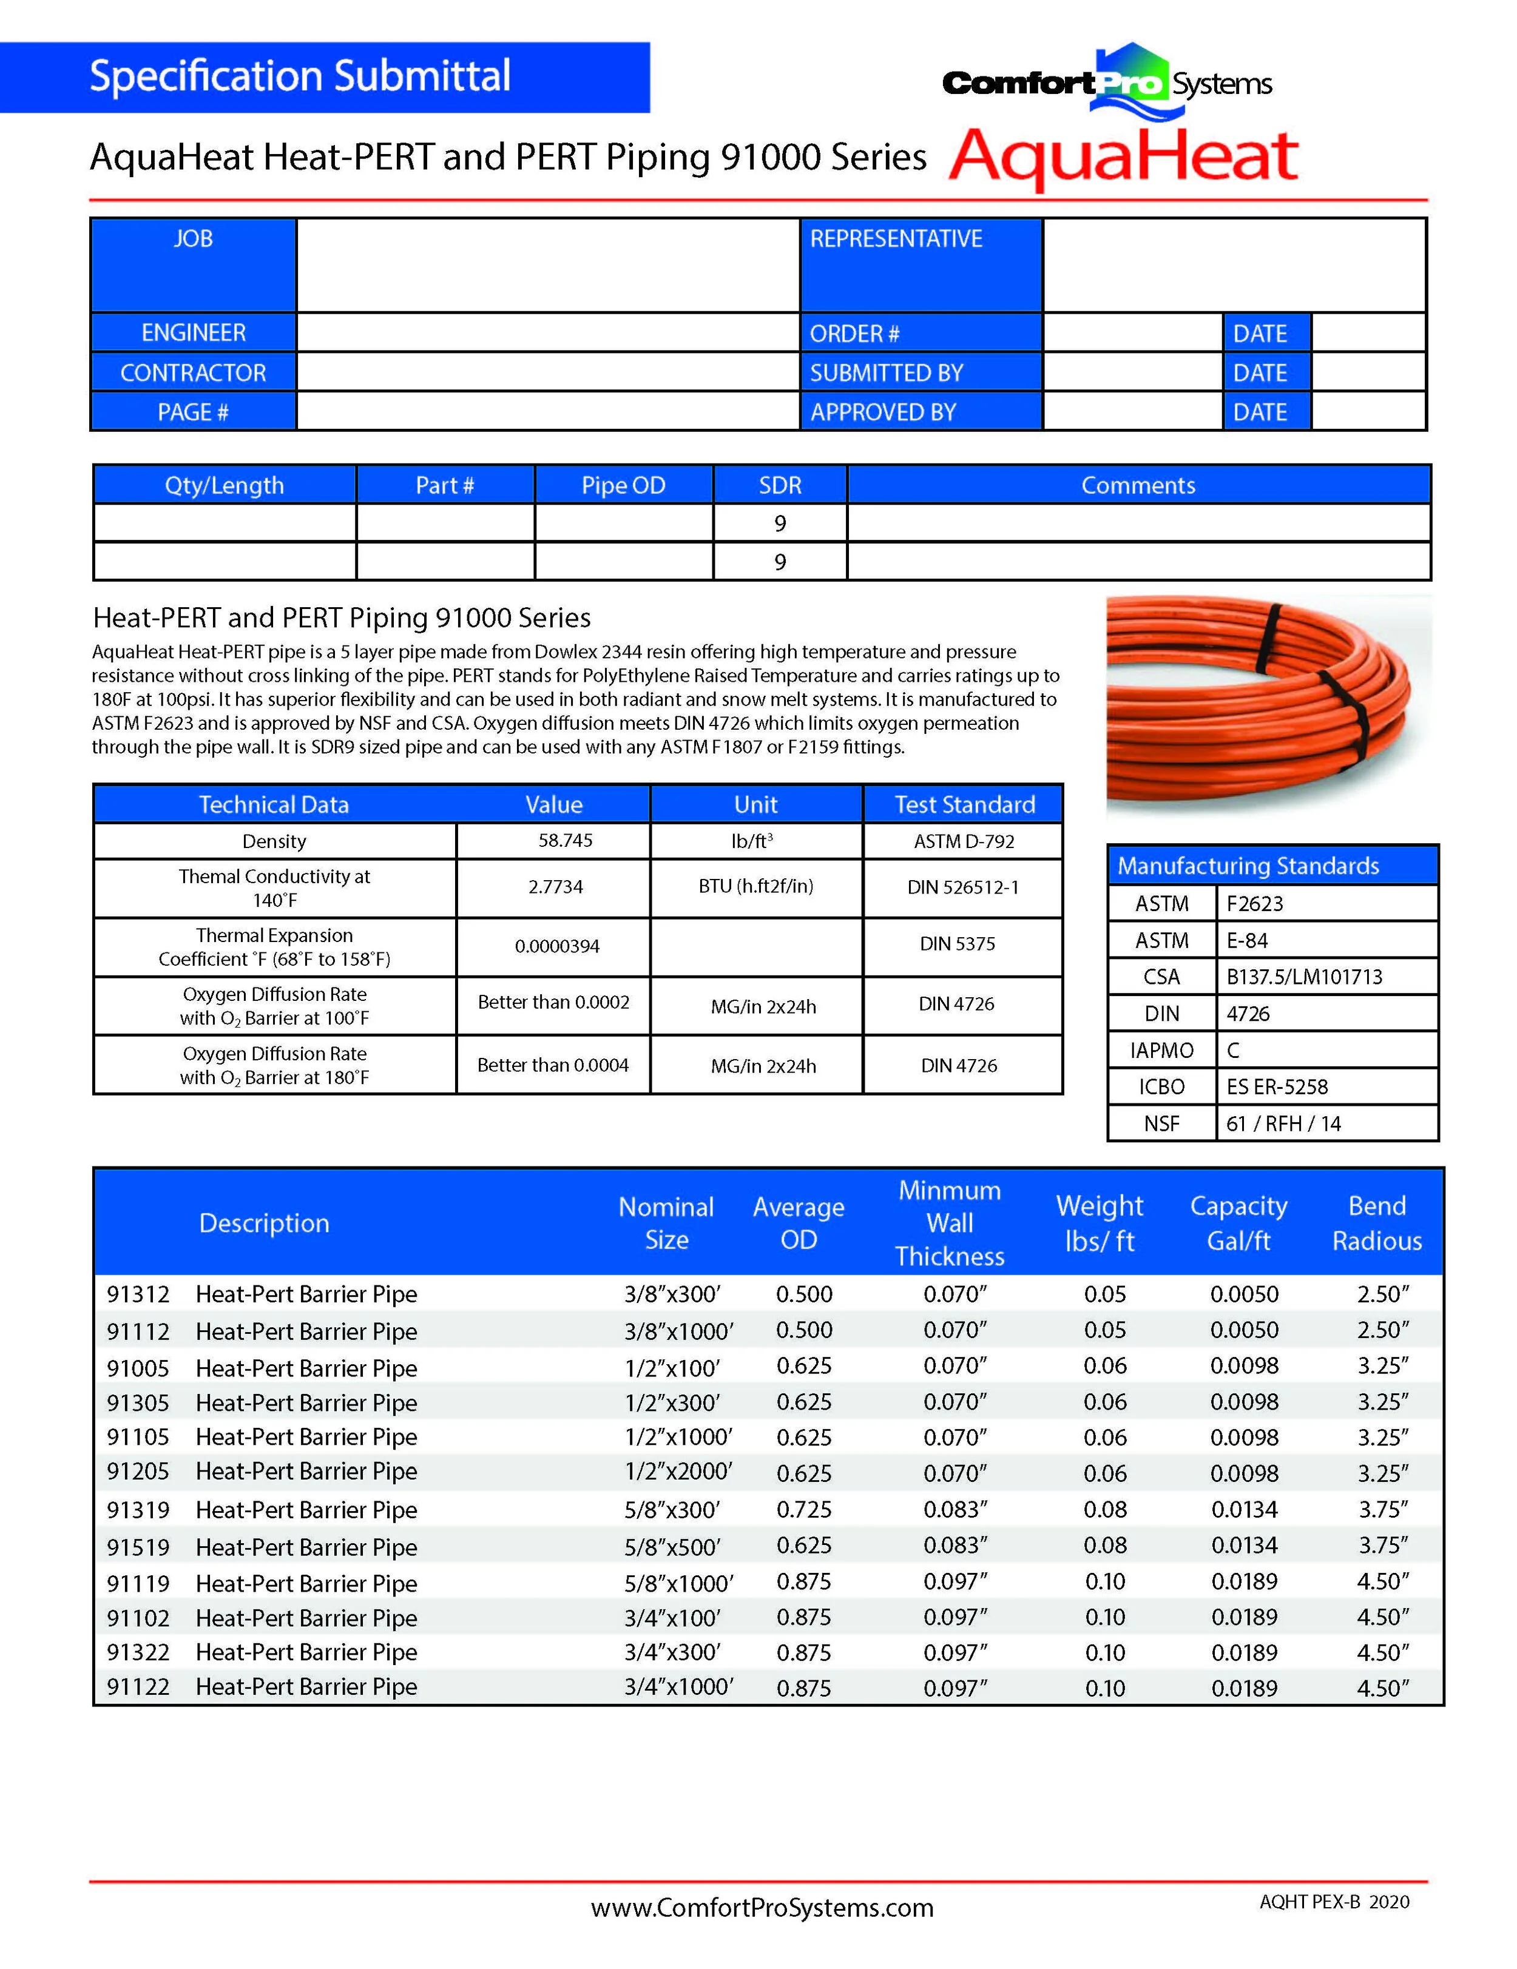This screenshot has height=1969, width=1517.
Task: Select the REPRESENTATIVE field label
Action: click(x=896, y=239)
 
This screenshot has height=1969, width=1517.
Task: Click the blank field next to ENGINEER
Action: click(x=547, y=332)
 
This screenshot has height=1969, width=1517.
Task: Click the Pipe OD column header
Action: click(x=623, y=485)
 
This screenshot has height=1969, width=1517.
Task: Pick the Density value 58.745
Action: click(x=566, y=840)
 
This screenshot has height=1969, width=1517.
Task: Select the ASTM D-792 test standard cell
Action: click(x=963, y=841)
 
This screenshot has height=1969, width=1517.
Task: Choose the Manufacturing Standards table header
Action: click(x=1248, y=866)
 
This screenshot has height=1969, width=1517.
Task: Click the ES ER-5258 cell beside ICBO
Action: click(x=1277, y=1086)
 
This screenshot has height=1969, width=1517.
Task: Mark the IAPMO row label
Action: click(x=1161, y=1050)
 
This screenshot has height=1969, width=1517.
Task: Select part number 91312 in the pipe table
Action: click(x=138, y=1294)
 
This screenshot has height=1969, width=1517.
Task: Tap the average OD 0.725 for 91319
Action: click(x=803, y=1509)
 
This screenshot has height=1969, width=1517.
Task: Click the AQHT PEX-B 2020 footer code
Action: click(x=1334, y=1902)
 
